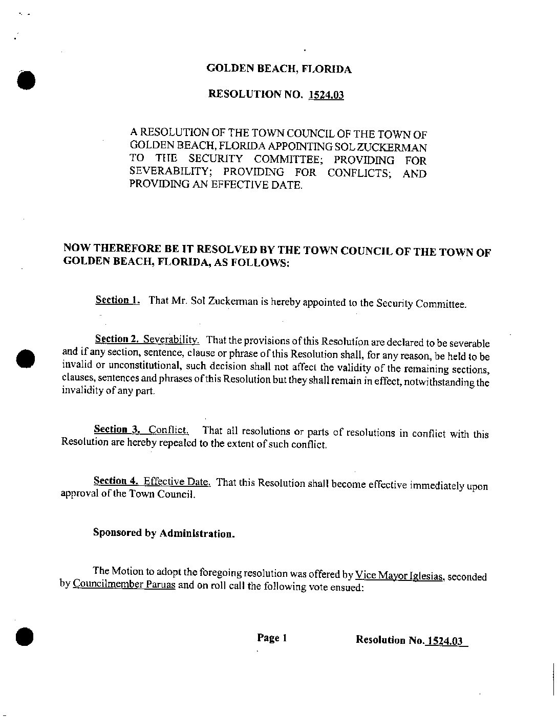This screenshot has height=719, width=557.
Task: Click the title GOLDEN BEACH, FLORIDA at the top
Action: pyautogui.click(x=278, y=69)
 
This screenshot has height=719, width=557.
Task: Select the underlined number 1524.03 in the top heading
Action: pyautogui.click(x=326, y=95)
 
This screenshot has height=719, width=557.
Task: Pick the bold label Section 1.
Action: pyautogui.click(x=118, y=300)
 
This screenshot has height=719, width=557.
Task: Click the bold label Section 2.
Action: pyautogui.click(x=117, y=339)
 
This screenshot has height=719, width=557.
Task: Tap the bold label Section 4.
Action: pyautogui.click(x=116, y=481)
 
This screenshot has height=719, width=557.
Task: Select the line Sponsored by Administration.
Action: pyautogui.click(x=164, y=533)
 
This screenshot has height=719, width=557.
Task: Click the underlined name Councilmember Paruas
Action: pyautogui.click(x=124, y=585)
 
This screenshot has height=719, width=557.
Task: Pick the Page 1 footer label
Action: pyautogui.click(x=272, y=638)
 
